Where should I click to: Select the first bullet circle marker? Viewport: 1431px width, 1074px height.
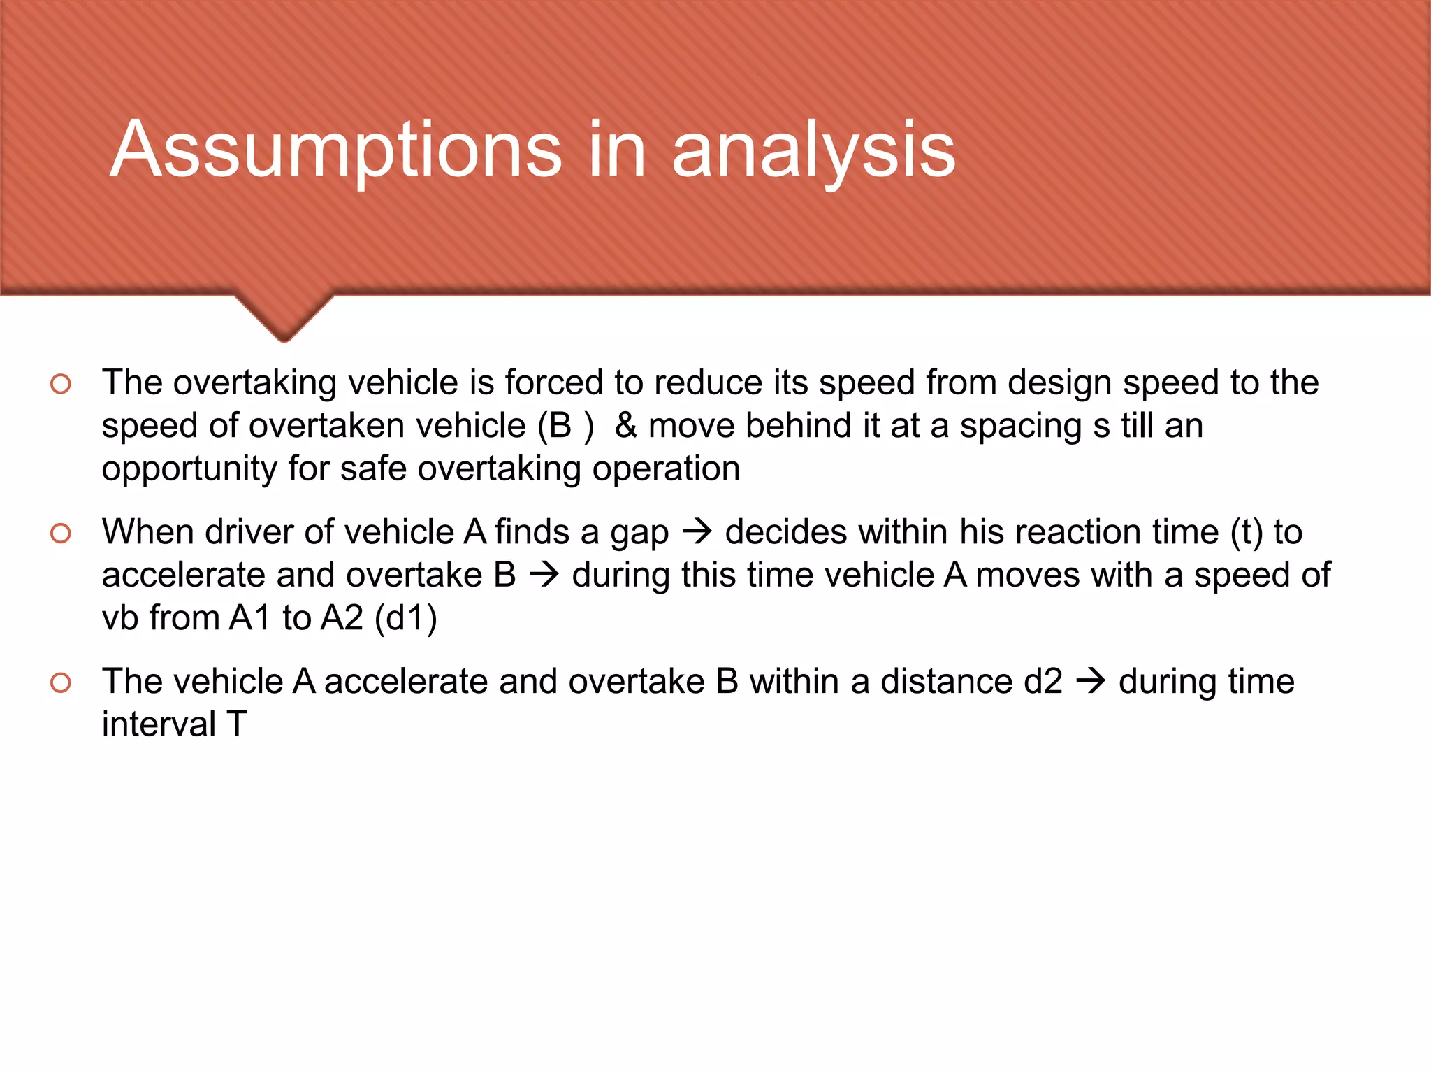[61, 384]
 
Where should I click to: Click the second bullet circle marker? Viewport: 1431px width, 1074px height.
[61, 534]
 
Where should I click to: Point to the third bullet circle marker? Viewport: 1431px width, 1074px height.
[61, 682]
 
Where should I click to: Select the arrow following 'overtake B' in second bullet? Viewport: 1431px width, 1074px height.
[544, 575]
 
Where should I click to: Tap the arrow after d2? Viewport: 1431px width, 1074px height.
[1091, 682]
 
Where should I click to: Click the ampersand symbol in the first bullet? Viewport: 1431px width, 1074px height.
[625, 426]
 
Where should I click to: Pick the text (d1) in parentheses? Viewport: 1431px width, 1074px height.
[406, 618]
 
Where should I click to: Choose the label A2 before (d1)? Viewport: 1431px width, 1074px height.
[342, 618]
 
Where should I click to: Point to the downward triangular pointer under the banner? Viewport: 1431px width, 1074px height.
[284, 318]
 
